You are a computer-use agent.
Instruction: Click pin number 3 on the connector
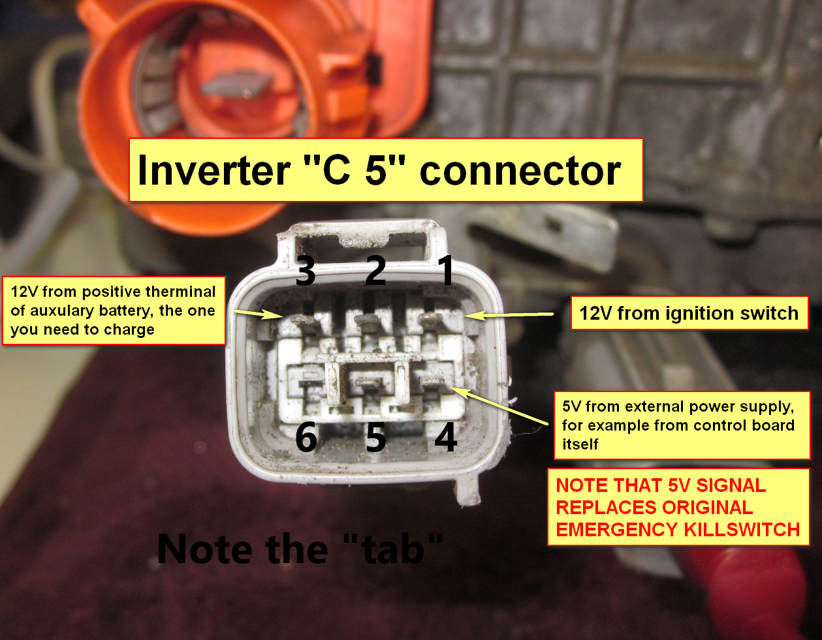pyautogui.click(x=306, y=271)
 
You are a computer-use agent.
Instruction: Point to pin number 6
pyautogui.click(x=306, y=437)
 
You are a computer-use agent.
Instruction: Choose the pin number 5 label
pyautogui.click(x=375, y=437)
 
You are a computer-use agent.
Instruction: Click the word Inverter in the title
pyautogui.click(x=214, y=171)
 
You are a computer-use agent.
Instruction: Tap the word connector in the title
pyautogui.click(x=520, y=172)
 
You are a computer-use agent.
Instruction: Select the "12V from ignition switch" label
pyautogui.click(x=689, y=313)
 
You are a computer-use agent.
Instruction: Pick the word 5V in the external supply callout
pyautogui.click(x=571, y=406)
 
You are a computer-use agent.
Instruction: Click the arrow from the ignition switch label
pyautogui.click(x=509, y=314)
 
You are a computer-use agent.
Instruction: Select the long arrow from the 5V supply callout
pyautogui.click(x=499, y=406)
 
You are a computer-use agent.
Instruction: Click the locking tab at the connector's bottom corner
pyautogui.click(x=468, y=490)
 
